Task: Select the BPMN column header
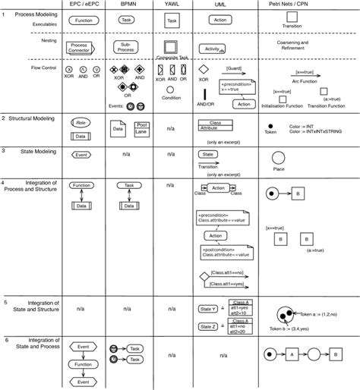click(x=128, y=5)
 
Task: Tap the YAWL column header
click(x=172, y=5)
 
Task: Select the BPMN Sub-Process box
click(x=128, y=47)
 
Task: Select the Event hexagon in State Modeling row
click(x=81, y=155)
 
